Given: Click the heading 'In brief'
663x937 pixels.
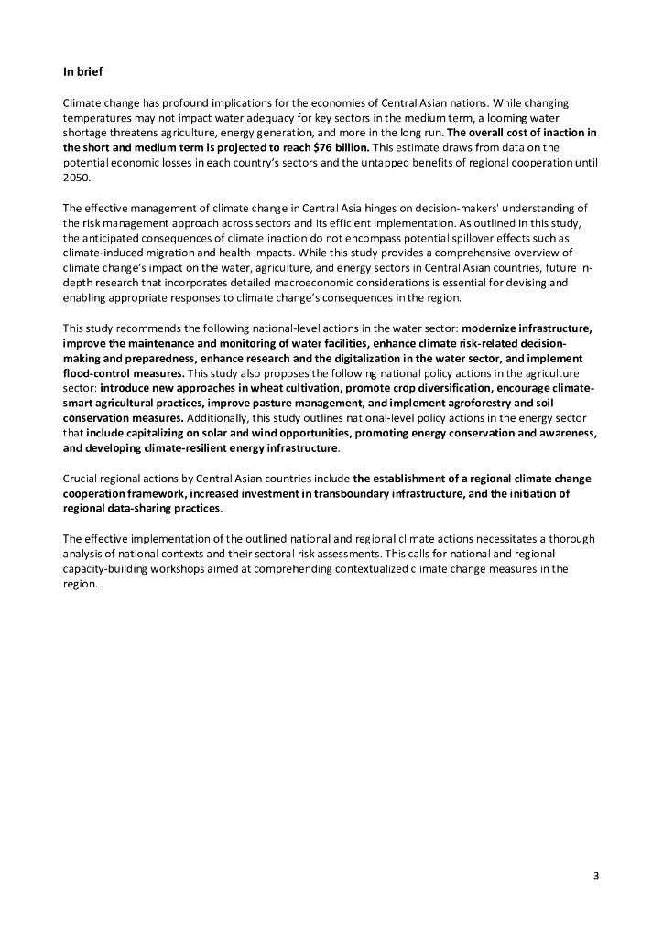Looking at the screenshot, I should pyautogui.click(x=82, y=70).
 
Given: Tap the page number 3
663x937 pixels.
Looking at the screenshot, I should pyautogui.click(x=596, y=877).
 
